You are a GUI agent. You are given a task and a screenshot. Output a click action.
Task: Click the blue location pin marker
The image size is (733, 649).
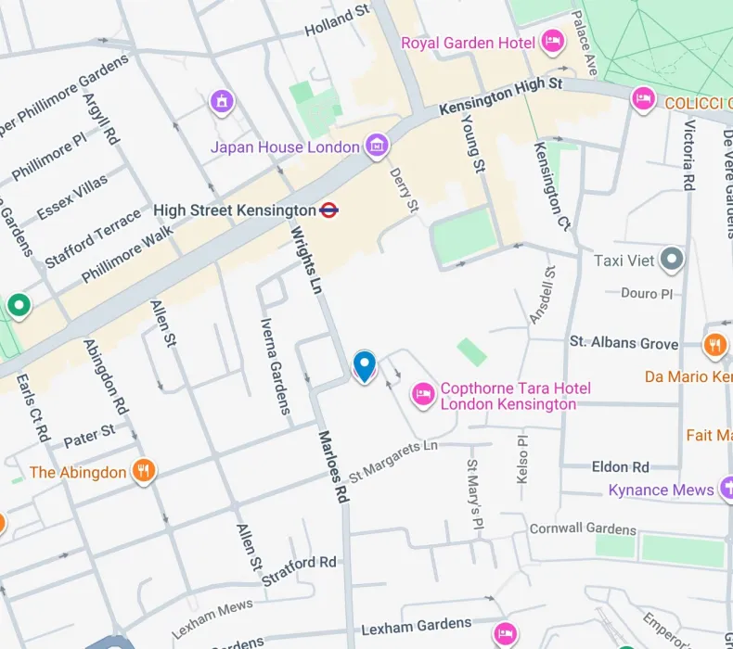coord(365,365)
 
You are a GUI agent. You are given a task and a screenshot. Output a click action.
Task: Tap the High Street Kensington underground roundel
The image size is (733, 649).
coord(328,210)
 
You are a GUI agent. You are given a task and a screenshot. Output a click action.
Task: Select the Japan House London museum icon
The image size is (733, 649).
coord(376,146)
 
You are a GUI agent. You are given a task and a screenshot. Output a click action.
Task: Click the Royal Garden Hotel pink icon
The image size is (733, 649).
coord(553,42)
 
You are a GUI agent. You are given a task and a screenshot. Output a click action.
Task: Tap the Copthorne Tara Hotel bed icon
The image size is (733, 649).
coord(423,395)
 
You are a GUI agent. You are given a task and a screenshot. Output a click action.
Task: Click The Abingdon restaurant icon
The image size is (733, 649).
coord(142,471)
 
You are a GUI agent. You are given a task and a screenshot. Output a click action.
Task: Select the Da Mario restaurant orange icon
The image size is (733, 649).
coord(714,346)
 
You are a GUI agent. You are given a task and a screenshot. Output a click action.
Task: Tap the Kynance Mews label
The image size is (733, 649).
coord(661,490)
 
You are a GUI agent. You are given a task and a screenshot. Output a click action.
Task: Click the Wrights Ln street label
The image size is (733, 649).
coord(307,261)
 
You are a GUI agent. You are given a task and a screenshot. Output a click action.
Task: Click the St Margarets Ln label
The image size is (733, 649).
coord(394,459)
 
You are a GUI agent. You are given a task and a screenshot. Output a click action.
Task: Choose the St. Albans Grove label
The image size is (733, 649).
coord(624,343)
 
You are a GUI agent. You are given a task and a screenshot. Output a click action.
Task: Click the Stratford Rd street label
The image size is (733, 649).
coord(300,569)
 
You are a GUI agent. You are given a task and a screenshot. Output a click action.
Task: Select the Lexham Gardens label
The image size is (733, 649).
coord(416,625)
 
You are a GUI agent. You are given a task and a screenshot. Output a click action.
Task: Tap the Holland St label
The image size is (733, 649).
coord(338,22)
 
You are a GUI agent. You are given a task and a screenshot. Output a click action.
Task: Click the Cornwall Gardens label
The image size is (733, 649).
coord(583,529)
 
